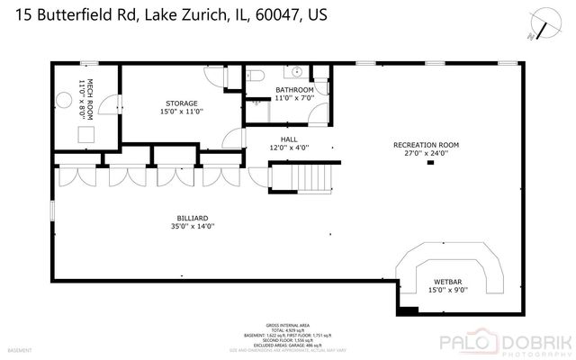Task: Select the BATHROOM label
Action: point(293,90)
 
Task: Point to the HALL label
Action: point(288,139)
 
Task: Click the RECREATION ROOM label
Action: point(426,145)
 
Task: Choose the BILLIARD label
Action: point(193,218)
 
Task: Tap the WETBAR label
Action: point(447,282)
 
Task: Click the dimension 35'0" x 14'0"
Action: point(193,226)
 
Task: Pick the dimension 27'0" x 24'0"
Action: point(426,153)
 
